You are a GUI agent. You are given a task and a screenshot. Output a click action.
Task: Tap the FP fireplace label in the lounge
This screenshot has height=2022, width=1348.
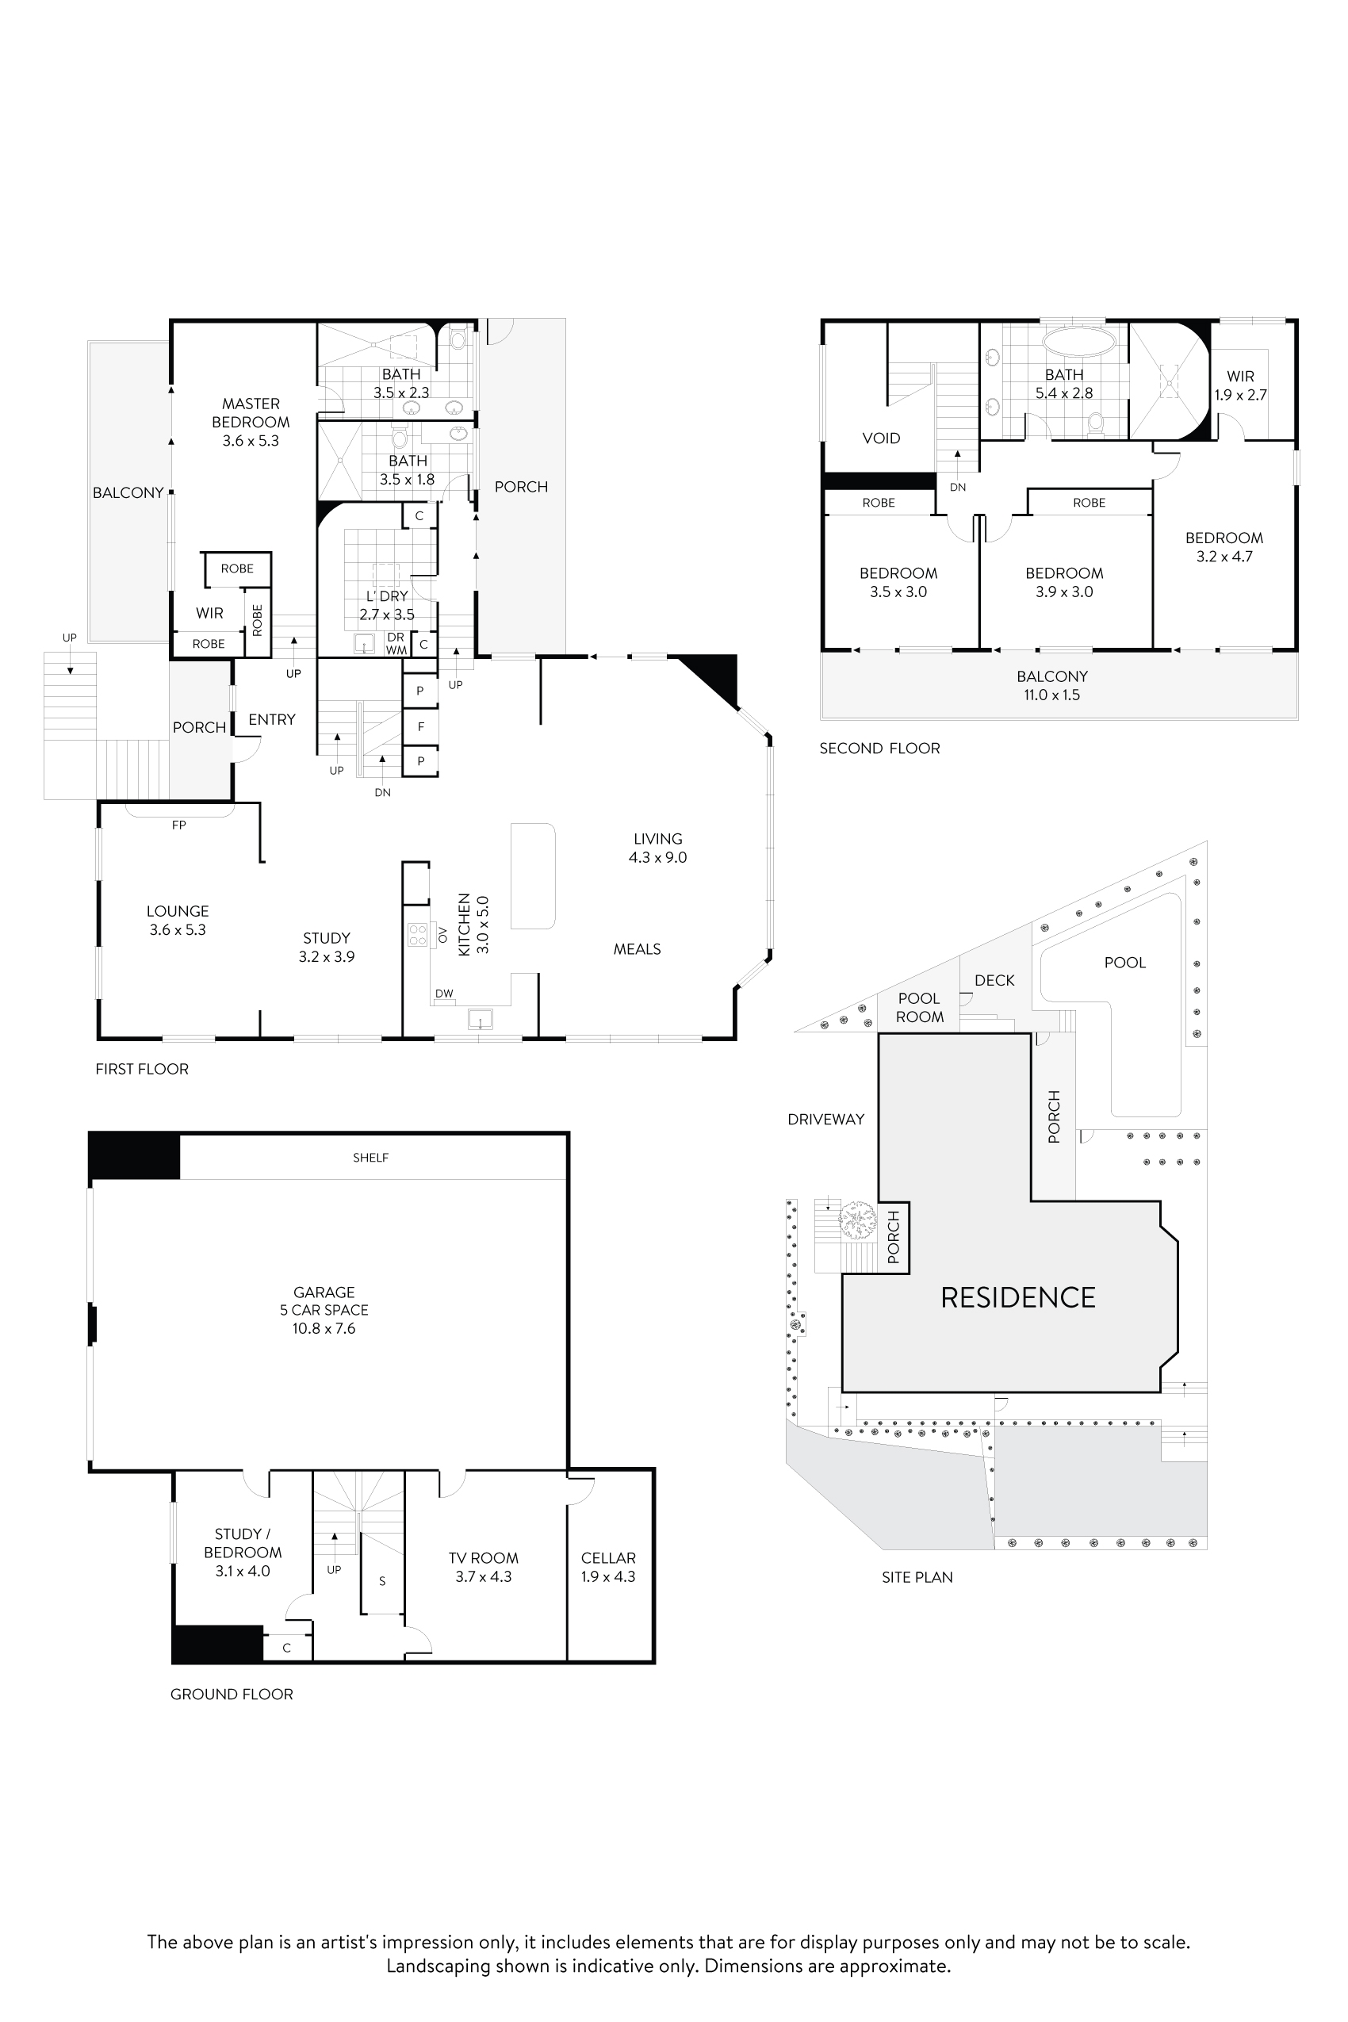click(x=179, y=825)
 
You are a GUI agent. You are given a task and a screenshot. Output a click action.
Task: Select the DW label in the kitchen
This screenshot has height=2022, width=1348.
click(x=443, y=994)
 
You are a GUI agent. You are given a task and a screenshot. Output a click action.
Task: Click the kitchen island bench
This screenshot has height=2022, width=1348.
click(x=532, y=875)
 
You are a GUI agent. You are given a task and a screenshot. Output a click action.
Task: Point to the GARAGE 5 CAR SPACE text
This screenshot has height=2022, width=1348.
click(x=324, y=1309)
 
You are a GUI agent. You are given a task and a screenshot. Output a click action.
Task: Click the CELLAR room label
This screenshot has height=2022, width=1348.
click(x=608, y=1566)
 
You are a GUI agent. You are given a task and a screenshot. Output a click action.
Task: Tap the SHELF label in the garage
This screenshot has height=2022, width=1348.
click(x=370, y=1158)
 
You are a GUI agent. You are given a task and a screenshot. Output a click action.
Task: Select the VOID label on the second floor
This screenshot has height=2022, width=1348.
click(x=881, y=438)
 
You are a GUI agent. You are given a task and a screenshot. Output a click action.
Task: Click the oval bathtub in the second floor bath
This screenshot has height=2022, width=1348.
click(x=1079, y=340)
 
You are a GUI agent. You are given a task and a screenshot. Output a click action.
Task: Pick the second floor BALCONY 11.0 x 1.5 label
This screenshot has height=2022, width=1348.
click(x=1052, y=685)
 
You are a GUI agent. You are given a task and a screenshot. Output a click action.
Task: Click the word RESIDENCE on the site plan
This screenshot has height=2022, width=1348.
click(x=1018, y=1297)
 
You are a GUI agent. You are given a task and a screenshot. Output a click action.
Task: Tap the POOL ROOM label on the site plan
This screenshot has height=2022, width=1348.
click(x=919, y=1007)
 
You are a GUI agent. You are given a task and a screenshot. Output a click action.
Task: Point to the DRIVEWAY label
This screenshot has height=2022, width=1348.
click(x=825, y=1120)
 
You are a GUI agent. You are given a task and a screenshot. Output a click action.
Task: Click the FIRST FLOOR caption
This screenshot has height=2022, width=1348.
click(x=142, y=1069)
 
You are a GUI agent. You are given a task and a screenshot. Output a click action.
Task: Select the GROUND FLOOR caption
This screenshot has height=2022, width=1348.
click(x=232, y=1694)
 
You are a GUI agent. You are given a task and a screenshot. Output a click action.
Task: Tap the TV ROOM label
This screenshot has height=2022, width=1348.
click(x=483, y=1566)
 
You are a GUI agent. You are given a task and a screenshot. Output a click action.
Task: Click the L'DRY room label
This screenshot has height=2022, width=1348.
click(x=387, y=605)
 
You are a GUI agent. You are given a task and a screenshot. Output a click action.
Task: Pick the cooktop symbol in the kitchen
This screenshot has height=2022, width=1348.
click(x=418, y=935)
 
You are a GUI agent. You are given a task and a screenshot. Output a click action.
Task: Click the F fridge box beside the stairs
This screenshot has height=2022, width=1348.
click(x=421, y=726)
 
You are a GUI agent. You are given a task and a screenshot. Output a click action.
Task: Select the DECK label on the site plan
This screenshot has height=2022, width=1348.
click(x=994, y=980)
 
